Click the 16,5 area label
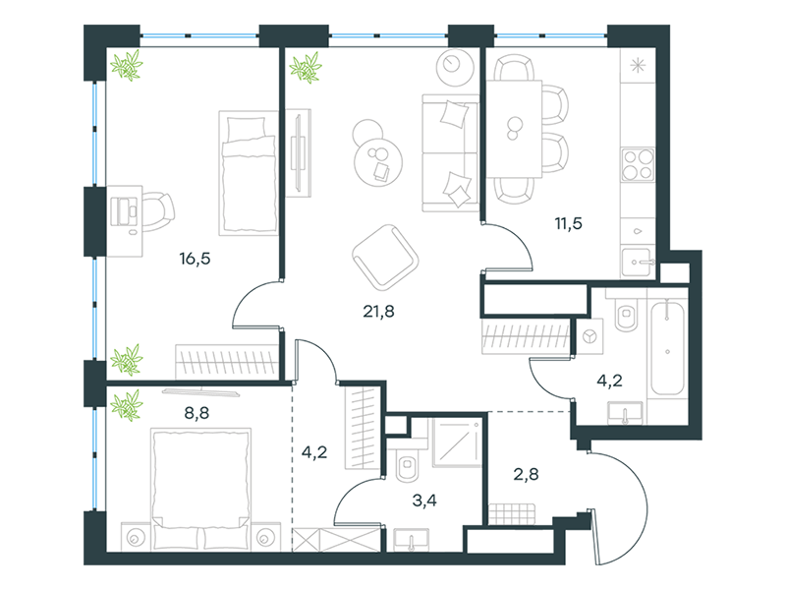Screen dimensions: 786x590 point(195,259)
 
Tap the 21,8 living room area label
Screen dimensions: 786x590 point(378,312)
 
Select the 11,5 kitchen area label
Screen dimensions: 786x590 point(569,223)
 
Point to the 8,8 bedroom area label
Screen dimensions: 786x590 point(197,413)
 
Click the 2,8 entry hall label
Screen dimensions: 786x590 point(527,474)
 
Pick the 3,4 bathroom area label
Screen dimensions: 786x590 point(424,501)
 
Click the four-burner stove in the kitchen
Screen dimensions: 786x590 point(638,164)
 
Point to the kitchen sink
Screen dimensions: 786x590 point(637,262)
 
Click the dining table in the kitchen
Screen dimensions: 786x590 point(515,129)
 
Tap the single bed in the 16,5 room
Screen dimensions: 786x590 point(249,173)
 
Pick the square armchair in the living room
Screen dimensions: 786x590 point(385,258)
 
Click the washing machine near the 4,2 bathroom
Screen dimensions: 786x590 point(589,335)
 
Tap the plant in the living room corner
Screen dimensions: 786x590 point(306,67)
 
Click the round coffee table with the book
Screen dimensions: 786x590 point(378,161)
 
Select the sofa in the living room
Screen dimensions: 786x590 point(450,152)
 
